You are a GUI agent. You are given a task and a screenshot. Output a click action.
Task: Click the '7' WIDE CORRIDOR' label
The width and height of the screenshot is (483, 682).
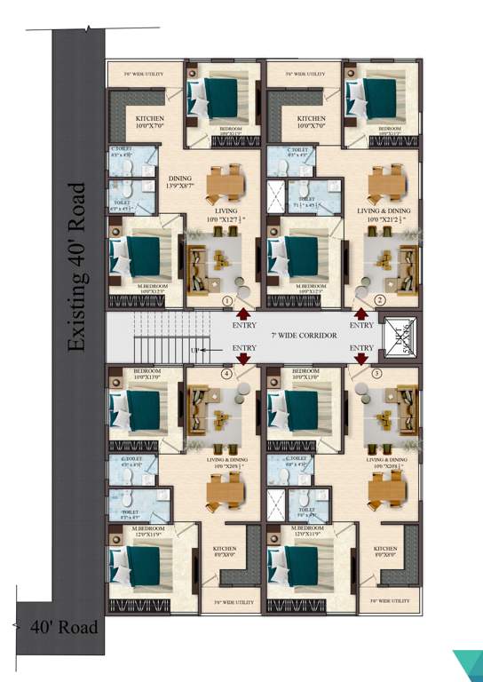303,335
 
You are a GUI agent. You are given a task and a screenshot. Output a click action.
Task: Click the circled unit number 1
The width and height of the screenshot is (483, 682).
227,301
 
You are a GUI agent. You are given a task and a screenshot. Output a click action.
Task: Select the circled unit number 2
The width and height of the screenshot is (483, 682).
379,301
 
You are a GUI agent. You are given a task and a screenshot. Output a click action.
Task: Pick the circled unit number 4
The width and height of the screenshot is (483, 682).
227,374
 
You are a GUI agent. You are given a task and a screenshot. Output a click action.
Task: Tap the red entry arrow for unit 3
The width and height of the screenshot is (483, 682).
361,358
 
